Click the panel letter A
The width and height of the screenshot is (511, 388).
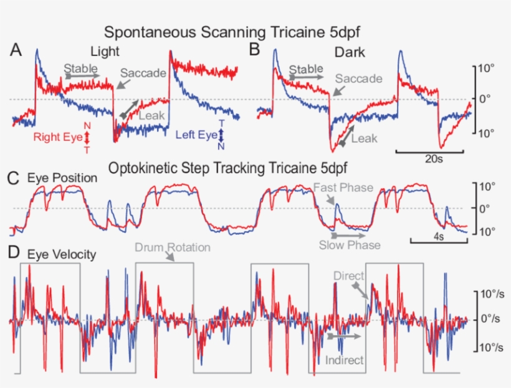(x=17, y=50)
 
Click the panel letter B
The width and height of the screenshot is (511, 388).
(x=254, y=49)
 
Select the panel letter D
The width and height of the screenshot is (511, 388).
(x=17, y=254)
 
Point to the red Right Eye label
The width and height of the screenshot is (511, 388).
(x=57, y=136)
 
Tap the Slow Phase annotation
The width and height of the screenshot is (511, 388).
(x=350, y=245)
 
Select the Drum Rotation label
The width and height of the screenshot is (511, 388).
(x=173, y=247)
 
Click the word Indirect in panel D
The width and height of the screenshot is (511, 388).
(x=345, y=359)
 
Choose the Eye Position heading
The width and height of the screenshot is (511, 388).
(x=62, y=178)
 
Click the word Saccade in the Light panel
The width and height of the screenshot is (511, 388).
(x=143, y=73)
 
